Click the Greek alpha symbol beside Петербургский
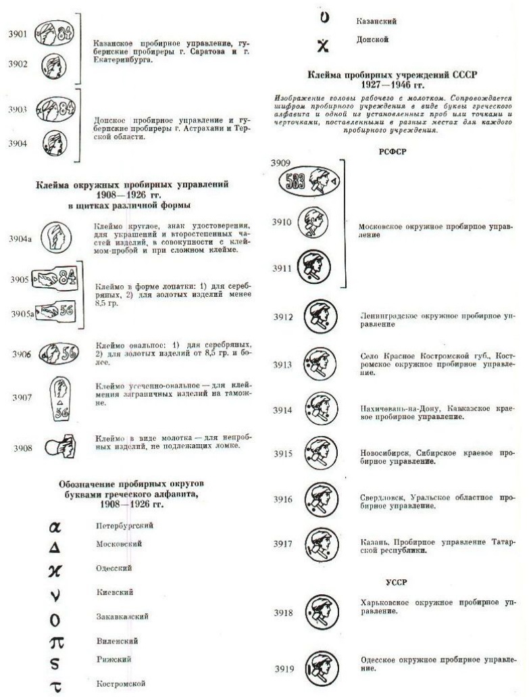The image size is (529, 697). pyautogui.click(x=56, y=525)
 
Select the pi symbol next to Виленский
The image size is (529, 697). pyautogui.click(x=57, y=641)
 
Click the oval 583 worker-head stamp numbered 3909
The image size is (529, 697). pyautogui.click(x=311, y=181)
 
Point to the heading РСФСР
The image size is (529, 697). pyautogui.click(x=393, y=152)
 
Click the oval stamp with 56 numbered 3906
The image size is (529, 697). pyautogui.click(x=58, y=354)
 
